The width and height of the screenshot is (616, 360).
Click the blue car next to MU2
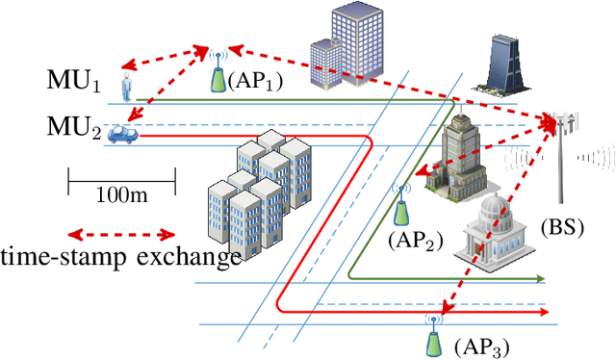coord(121,134)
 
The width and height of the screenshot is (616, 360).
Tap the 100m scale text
coord(122,195)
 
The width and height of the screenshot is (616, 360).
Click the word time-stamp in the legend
coord(64,257)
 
